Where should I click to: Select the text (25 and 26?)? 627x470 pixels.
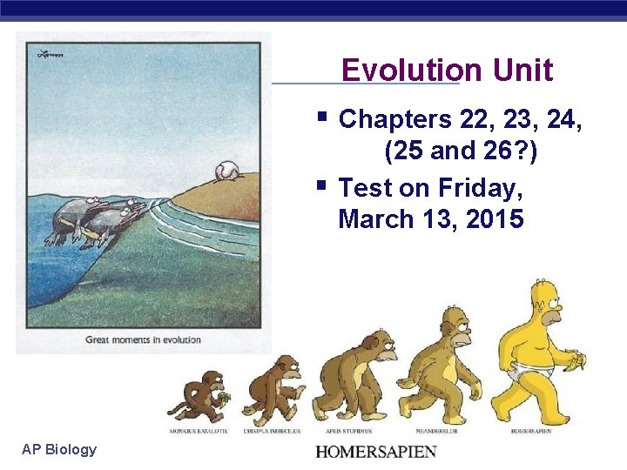pyautogui.click(x=461, y=152)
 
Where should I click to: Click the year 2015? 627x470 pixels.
pyautogui.click(x=495, y=219)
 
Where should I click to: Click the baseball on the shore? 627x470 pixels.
pyautogui.click(x=225, y=170)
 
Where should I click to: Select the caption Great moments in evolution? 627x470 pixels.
pyautogui.click(x=143, y=339)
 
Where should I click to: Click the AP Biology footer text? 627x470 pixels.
pyautogui.click(x=59, y=449)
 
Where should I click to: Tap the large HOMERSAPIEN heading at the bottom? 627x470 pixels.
pyautogui.click(x=375, y=452)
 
